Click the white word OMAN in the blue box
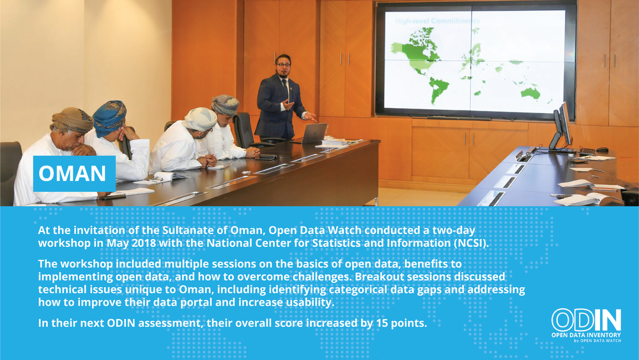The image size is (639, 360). [72, 173]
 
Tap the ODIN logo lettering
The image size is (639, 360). [586, 320]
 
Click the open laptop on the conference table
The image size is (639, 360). [313, 134]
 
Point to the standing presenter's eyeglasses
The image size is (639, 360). [283, 65]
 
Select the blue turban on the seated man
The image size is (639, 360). [110, 118]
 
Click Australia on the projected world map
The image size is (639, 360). [530, 93]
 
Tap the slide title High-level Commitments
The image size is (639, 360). [437, 21]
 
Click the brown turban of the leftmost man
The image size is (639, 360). [72, 120]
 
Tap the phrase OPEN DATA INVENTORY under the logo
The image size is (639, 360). [586, 335]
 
